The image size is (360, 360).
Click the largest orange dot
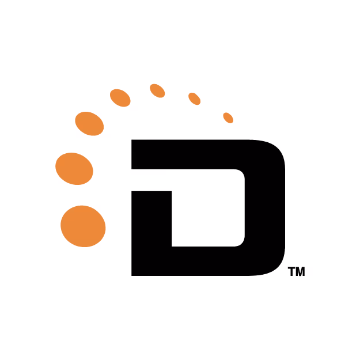tap(83, 226)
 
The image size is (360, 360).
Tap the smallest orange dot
tap(228, 118)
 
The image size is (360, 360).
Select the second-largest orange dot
tap(74, 169)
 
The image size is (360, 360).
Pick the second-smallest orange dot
tap(195, 98)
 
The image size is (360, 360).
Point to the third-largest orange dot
tap(89, 123)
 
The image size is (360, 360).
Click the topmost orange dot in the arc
tap(157, 90)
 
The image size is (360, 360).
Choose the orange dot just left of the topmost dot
tap(120, 98)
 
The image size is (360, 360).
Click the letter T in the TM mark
tap(291, 271)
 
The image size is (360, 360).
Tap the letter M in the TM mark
tap(301, 271)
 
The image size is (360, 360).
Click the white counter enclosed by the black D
tap(208, 208)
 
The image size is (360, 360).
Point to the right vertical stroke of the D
tap(265, 208)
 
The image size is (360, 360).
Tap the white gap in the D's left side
tap(151, 180)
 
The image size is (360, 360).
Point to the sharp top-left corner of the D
tap(131, 139)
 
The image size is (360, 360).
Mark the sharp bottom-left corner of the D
tap(131, 275)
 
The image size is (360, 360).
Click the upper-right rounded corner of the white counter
tap(241, 173)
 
